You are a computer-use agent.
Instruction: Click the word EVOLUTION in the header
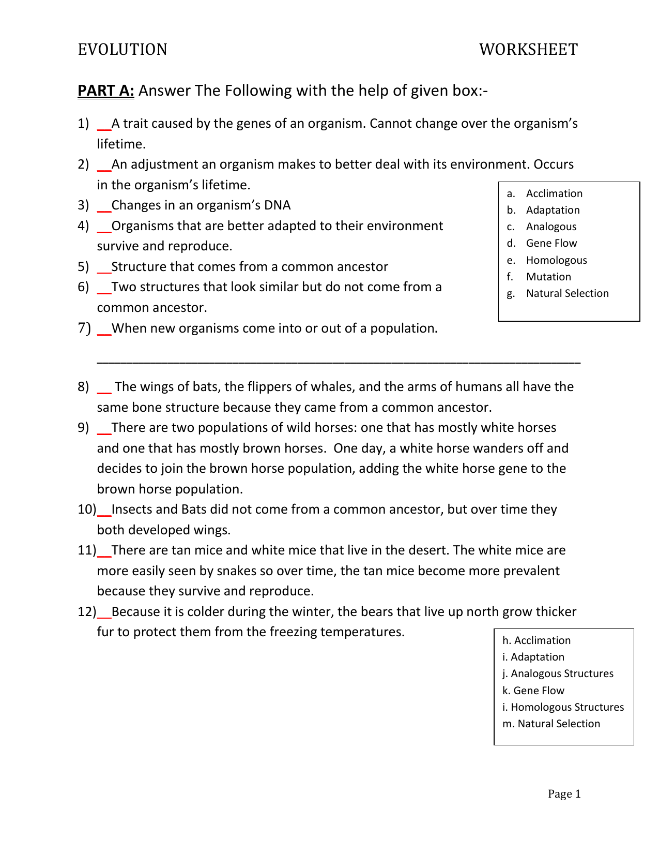pos(122,50)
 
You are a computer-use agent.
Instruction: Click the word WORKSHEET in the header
pos(528,50)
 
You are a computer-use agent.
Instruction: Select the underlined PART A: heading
pos(106,91)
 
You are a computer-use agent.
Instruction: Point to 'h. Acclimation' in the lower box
pos(537,640)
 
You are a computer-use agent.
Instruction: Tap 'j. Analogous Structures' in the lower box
pos(558,673)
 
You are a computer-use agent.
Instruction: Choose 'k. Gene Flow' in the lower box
pos(533,691)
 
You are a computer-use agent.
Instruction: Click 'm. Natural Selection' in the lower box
pos(551,724)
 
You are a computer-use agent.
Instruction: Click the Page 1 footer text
pos(564,794)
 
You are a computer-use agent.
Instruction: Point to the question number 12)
pos(87,611)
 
